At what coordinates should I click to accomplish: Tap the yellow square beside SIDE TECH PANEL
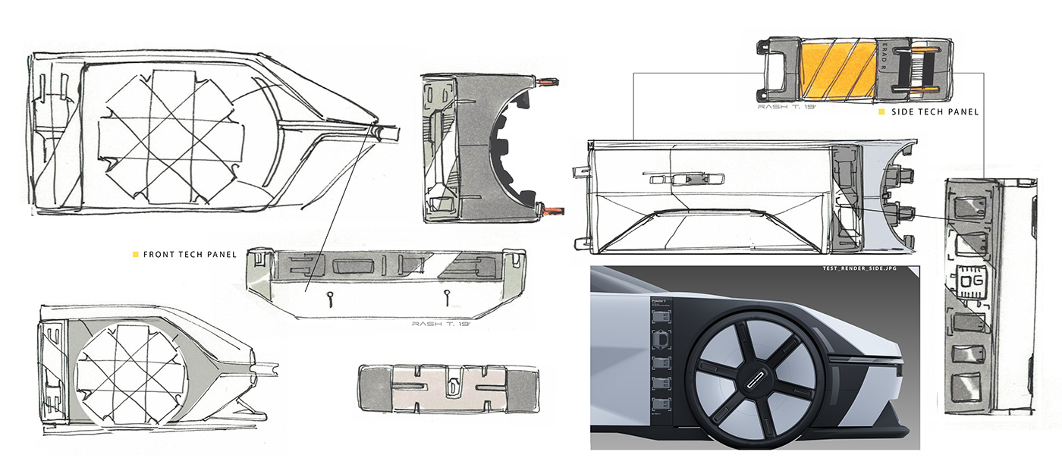click(881, 112)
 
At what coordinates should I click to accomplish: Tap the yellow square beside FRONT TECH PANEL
click(136, 254)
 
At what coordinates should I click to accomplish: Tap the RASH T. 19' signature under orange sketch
click(786, 107)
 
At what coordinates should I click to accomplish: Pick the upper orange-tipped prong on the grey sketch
click(548, 80)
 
